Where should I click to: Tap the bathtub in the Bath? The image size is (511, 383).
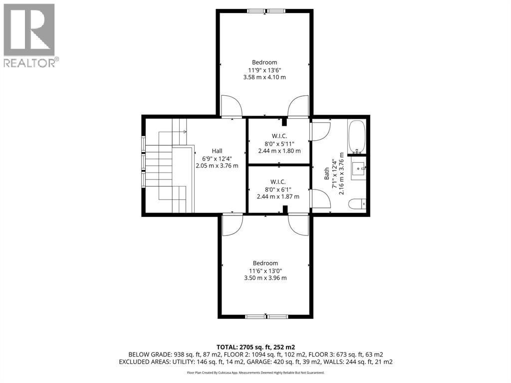[357, 137]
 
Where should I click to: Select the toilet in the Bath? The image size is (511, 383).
[357, 204]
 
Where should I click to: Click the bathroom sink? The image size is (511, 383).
[358, 169]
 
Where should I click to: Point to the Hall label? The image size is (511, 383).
[217, 151]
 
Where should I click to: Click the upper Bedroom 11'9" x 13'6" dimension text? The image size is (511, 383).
[264, 70]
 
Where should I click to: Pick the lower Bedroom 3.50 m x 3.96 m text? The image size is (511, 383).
[265, 278]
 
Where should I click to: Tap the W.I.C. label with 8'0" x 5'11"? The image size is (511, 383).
[279, 136]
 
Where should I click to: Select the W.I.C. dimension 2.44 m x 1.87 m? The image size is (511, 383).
[278, 196]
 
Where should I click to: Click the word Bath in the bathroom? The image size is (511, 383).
[326, 174]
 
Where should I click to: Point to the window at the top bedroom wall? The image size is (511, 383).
[266, 11]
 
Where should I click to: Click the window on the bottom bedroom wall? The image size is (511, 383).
[266, 316]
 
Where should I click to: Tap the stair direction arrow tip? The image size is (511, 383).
[186, 132]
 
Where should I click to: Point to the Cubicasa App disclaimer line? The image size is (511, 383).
[255, 372]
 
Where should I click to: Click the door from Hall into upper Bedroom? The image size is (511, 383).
[232, 106]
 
